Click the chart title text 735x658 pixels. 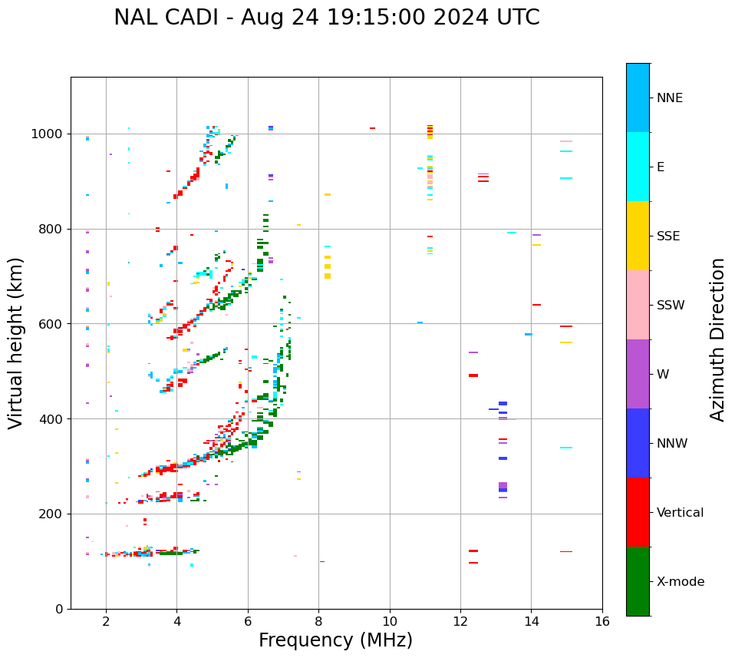(x=326, y=18)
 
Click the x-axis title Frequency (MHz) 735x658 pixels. (x=335, y=640)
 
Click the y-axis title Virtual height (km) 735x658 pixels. (x=16, y=343)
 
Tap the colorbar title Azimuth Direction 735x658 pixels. (x=717, y=339)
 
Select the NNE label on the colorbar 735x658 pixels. (x=669, y=98)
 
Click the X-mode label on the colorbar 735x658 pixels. (x=680, y=582)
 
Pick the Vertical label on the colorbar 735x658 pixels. (x=680, y=513)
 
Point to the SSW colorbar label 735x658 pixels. (x=670, y=306)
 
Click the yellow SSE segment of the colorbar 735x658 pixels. (x=638, y=236)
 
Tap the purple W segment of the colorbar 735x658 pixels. (x=638, y=374)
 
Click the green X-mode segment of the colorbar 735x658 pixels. (x=638, y=581)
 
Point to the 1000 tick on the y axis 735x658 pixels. (x=50, y=134)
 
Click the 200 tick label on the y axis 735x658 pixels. (x=53, y=514)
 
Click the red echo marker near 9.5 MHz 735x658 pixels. (x=372, y=128)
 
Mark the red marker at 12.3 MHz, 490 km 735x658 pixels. (x=473, y=375)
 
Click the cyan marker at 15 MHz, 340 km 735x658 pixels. (x=566, y=448)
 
